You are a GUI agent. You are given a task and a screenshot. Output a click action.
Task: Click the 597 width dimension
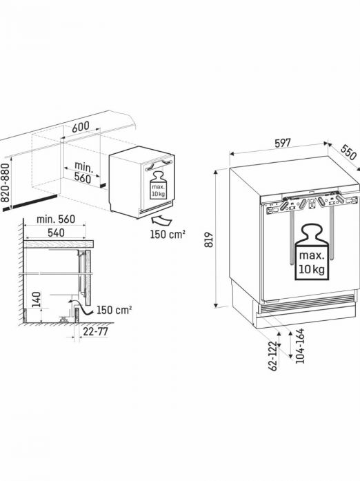(282, 144)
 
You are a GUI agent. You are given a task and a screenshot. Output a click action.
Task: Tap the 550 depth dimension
(349, 151)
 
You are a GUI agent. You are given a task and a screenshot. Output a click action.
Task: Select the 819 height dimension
(208, 239)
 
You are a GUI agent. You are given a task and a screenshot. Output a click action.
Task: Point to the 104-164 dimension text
(300, 346)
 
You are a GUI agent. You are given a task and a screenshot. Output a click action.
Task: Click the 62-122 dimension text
(272, 355)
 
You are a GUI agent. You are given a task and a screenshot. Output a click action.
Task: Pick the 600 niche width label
(81, 127)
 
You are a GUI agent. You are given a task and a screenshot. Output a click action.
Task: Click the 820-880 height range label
(6, 183)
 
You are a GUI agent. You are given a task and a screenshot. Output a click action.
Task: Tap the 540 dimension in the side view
(56, 233)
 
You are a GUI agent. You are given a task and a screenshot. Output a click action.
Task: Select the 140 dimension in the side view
(36, 300)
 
